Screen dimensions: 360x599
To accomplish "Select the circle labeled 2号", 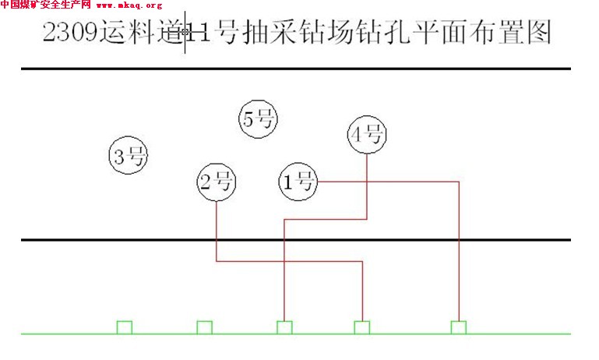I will coord(217,182).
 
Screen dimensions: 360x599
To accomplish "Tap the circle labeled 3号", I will coord(129,156).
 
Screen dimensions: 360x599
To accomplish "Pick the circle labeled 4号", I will coord(367,135).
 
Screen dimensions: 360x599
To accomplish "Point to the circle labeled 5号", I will coord(258,119).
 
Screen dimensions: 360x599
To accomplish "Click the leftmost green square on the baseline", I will coord(125,327).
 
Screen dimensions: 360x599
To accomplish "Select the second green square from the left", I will coord(204,327).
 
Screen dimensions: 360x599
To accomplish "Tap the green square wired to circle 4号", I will coord(284,327).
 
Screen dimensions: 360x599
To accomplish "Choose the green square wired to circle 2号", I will coord(361,327).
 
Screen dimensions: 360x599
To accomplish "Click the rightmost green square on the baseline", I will coord(458,327).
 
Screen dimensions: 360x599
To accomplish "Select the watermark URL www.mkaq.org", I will coord(129,5).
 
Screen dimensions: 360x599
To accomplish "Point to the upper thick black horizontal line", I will coord(296,69).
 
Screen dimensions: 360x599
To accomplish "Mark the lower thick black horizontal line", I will coord(296,239).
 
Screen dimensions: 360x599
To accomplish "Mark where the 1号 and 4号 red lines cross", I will coord(367,182).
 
